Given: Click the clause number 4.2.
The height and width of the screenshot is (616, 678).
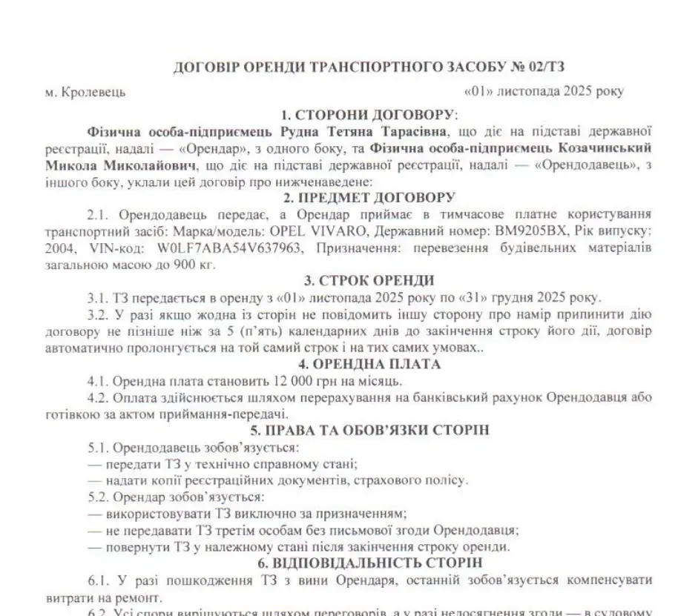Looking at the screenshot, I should pyautogui.click(x=97, y=397).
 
